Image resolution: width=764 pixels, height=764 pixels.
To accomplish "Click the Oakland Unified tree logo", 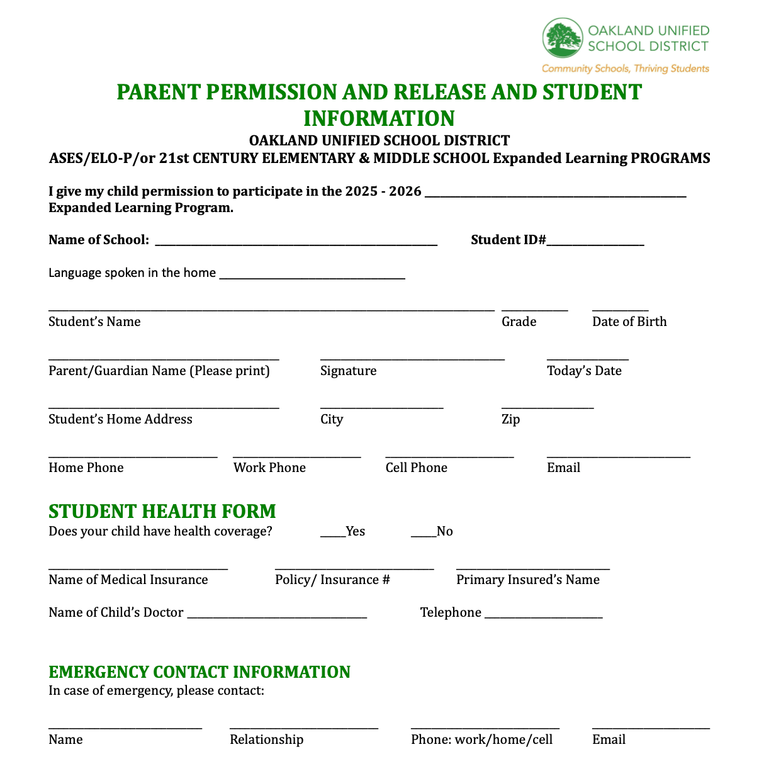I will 563,38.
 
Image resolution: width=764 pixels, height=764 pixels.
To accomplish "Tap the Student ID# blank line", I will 595,244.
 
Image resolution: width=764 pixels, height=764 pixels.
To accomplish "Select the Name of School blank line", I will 296,244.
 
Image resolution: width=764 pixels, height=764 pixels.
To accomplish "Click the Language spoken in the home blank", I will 312,277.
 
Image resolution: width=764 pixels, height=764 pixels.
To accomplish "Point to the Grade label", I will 519,322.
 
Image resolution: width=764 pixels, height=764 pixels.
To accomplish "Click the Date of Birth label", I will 629,322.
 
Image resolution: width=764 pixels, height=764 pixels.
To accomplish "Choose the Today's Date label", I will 584,371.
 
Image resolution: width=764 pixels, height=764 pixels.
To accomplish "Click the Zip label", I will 510,420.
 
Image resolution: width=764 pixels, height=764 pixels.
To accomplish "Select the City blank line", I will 381,408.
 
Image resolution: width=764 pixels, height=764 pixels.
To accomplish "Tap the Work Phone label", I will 269,468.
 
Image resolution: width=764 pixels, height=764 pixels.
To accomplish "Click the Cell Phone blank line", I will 449,456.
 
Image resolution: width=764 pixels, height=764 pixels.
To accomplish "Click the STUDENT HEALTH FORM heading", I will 162,511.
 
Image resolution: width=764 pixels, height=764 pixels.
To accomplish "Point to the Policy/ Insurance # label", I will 332,580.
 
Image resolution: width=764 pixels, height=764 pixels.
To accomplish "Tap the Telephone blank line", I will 544,617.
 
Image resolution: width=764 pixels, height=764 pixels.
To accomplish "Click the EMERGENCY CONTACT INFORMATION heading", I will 199,672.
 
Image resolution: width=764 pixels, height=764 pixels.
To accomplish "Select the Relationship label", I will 266,740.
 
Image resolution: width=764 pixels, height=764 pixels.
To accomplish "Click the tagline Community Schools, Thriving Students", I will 625,69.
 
